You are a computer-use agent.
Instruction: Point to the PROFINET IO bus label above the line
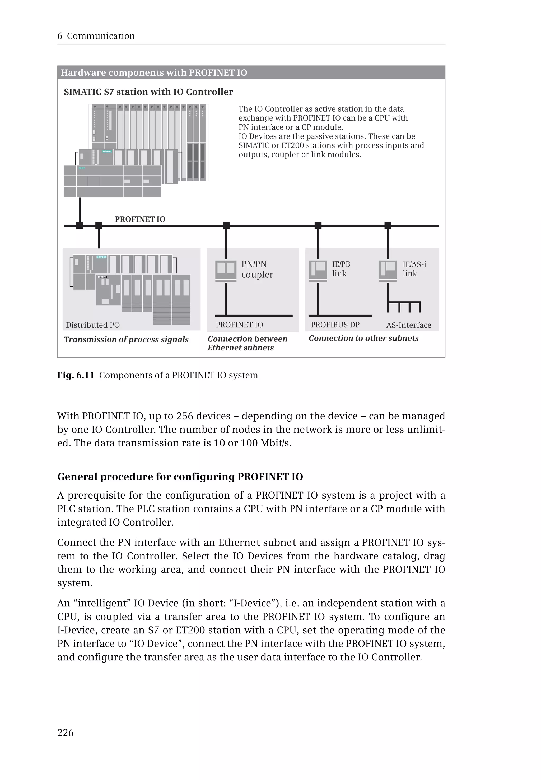click(140, 219)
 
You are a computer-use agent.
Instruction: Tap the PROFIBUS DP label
click(335, 325)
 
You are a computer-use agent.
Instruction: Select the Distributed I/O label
click(92, 325)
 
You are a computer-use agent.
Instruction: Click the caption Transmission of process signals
click(126, 339)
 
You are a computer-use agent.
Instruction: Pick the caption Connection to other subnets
click(363, 338)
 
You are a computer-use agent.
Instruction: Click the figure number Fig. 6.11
click(76, 375)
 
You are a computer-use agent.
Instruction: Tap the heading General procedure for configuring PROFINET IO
click(180, 477)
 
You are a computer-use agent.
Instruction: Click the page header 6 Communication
click(96, 36)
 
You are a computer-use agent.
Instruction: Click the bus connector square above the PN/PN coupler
click(226, 225)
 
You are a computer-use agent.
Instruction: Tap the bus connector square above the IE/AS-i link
click(388, 225)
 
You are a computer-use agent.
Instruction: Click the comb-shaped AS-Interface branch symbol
click(404, 306)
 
